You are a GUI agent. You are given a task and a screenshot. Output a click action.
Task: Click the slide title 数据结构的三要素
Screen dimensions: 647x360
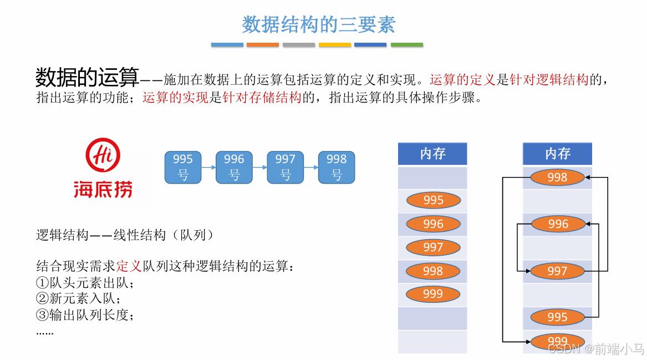pos(319,24)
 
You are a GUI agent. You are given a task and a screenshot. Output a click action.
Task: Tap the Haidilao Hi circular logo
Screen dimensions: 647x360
pos(103,155)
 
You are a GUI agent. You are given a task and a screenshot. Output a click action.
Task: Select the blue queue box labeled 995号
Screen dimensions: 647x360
pos(182,167)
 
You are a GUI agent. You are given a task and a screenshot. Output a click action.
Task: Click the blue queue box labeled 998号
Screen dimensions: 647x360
pos(336,167)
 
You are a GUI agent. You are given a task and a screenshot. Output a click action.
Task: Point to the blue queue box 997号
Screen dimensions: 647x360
pos(285,167)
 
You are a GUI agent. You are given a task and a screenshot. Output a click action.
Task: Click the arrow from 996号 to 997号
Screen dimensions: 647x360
pos(259,167)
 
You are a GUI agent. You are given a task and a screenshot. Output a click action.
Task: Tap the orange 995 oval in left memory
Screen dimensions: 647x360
pos(433,200)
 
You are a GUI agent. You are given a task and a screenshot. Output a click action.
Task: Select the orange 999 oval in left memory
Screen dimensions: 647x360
pos(433,294)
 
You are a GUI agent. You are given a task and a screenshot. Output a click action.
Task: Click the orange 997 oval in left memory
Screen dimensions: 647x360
pos(433,247)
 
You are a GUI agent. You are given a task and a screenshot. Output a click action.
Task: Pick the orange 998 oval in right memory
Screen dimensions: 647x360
pos(557,178)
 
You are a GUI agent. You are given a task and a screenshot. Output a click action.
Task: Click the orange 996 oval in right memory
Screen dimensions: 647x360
pos(558,224)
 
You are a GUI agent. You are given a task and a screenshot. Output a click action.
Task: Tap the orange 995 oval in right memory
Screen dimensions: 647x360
pos(557,317)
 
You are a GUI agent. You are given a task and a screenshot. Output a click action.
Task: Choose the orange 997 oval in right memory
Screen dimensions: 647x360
pos(557,271)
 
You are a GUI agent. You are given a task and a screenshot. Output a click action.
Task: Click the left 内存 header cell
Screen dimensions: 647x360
pos(432,154)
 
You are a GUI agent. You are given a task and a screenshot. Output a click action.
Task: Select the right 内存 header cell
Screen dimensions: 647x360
pos(557,154)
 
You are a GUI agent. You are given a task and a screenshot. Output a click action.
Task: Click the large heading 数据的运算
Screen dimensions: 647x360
pos(86,77)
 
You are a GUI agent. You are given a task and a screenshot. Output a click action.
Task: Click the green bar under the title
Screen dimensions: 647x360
pos(406,45)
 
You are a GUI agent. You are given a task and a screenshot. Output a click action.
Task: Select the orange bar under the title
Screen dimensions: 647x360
pos(263,45)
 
